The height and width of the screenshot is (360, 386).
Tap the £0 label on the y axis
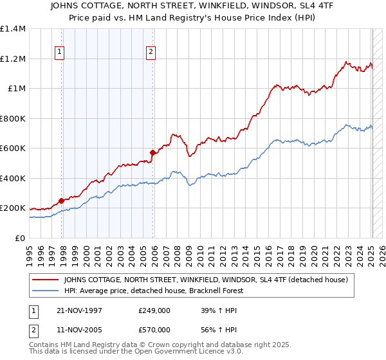tap(20, 238)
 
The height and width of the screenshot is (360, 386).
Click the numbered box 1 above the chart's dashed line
tap(59, 52)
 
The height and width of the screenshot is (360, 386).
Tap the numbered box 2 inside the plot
tap(151, 52)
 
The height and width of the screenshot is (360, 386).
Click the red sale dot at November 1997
tap(62, 201)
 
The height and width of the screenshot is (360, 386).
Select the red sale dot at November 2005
tap(152, 153)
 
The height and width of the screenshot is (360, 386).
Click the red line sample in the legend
tap(46, 280)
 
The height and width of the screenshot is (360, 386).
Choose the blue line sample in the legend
tap(46, 291)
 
